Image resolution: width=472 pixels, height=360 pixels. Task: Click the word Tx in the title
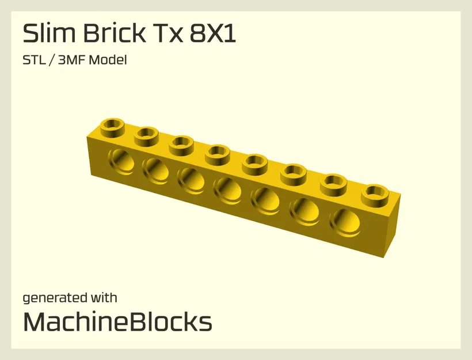166,34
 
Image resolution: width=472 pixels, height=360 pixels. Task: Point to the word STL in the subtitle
33,60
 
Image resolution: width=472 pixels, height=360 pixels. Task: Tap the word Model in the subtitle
110,60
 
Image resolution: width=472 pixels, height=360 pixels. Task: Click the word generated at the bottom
55,298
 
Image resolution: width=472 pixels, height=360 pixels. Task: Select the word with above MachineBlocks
104,298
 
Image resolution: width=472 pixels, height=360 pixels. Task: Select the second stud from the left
147,135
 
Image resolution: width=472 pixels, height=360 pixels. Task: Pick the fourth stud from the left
218,153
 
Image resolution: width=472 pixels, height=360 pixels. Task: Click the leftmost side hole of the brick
120,161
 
